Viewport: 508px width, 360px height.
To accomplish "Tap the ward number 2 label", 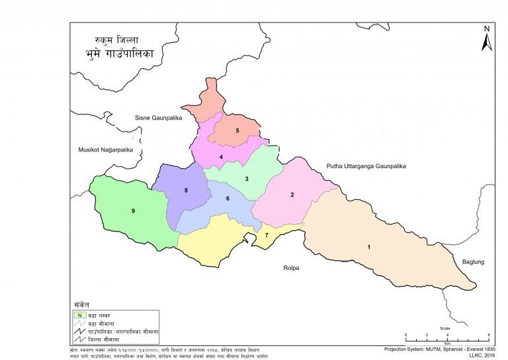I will click(292, 195).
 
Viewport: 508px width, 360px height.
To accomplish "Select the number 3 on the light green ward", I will click(247, 179).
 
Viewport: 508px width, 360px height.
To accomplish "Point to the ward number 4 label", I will click(221, 157).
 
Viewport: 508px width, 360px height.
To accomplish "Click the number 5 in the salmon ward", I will click(237, 130).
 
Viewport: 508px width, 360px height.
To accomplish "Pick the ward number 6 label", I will click(228, 199).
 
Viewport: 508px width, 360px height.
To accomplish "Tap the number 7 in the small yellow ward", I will click(267, 235).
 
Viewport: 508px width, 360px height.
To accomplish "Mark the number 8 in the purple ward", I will click(187, 191).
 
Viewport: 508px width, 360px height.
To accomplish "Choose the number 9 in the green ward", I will click(134, 210).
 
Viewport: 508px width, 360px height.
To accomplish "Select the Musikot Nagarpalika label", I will click(106, 150).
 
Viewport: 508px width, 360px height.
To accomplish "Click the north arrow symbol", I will click(486, 40).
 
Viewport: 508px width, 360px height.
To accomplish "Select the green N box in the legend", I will click(79, 315).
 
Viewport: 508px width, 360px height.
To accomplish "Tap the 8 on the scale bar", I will click(488, 336).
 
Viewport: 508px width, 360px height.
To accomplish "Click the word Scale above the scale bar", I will click(446, 328).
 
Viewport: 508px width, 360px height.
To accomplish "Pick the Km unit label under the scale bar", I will click(446, 343).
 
